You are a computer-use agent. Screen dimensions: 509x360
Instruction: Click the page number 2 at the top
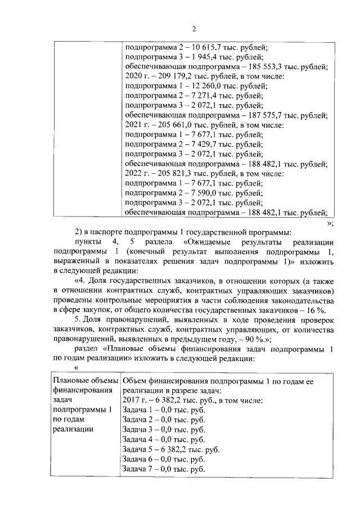(x=193, y=30)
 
